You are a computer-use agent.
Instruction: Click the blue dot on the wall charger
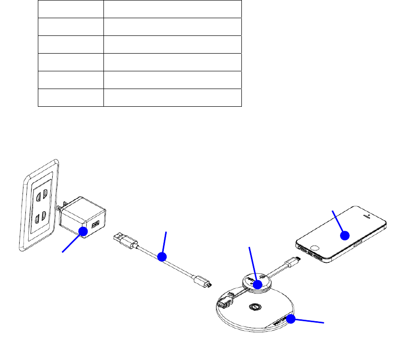coord(83,231)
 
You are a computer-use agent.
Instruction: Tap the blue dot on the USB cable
coord(162,257)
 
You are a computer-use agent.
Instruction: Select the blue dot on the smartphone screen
coord(344,235)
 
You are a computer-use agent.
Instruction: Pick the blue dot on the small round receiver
coord(258,284)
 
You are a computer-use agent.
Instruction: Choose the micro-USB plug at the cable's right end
coord(204,284)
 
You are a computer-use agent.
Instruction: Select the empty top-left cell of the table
coord(71,9)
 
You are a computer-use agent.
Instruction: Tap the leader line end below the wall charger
coord(63,250)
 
